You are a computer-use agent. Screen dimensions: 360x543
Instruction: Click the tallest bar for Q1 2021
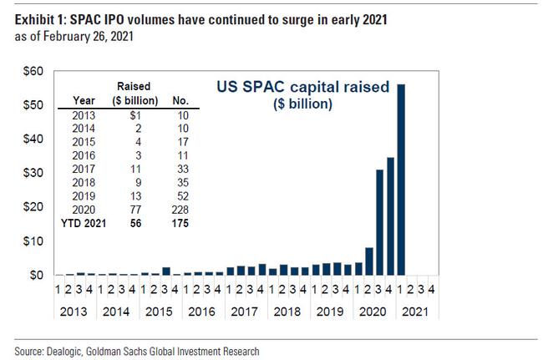(x=401, y=180)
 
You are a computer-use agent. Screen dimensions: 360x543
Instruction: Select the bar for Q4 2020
(x=390, y=216)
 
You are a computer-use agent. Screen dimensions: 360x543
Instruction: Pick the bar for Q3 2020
(x=380, y=222)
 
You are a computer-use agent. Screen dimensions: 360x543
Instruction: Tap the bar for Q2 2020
(x=369, y=261)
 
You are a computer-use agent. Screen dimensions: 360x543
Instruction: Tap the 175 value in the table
(x=178, y=224)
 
